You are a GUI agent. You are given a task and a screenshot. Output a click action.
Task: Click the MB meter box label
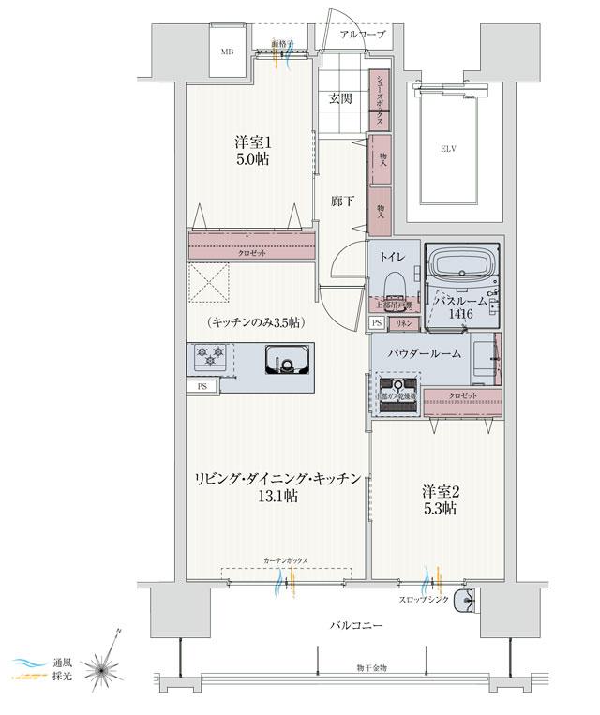(227, 52)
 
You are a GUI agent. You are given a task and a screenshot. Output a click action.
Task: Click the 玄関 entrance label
(341, 98)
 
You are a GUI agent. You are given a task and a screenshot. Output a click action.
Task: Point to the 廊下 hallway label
(342, 201)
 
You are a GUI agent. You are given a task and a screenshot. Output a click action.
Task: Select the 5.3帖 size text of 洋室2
(438, 509)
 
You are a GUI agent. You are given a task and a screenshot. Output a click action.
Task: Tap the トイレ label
(393, 255)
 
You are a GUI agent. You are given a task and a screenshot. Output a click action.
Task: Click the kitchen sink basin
(285, 359)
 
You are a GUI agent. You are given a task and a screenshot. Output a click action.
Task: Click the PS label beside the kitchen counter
(201, 386)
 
